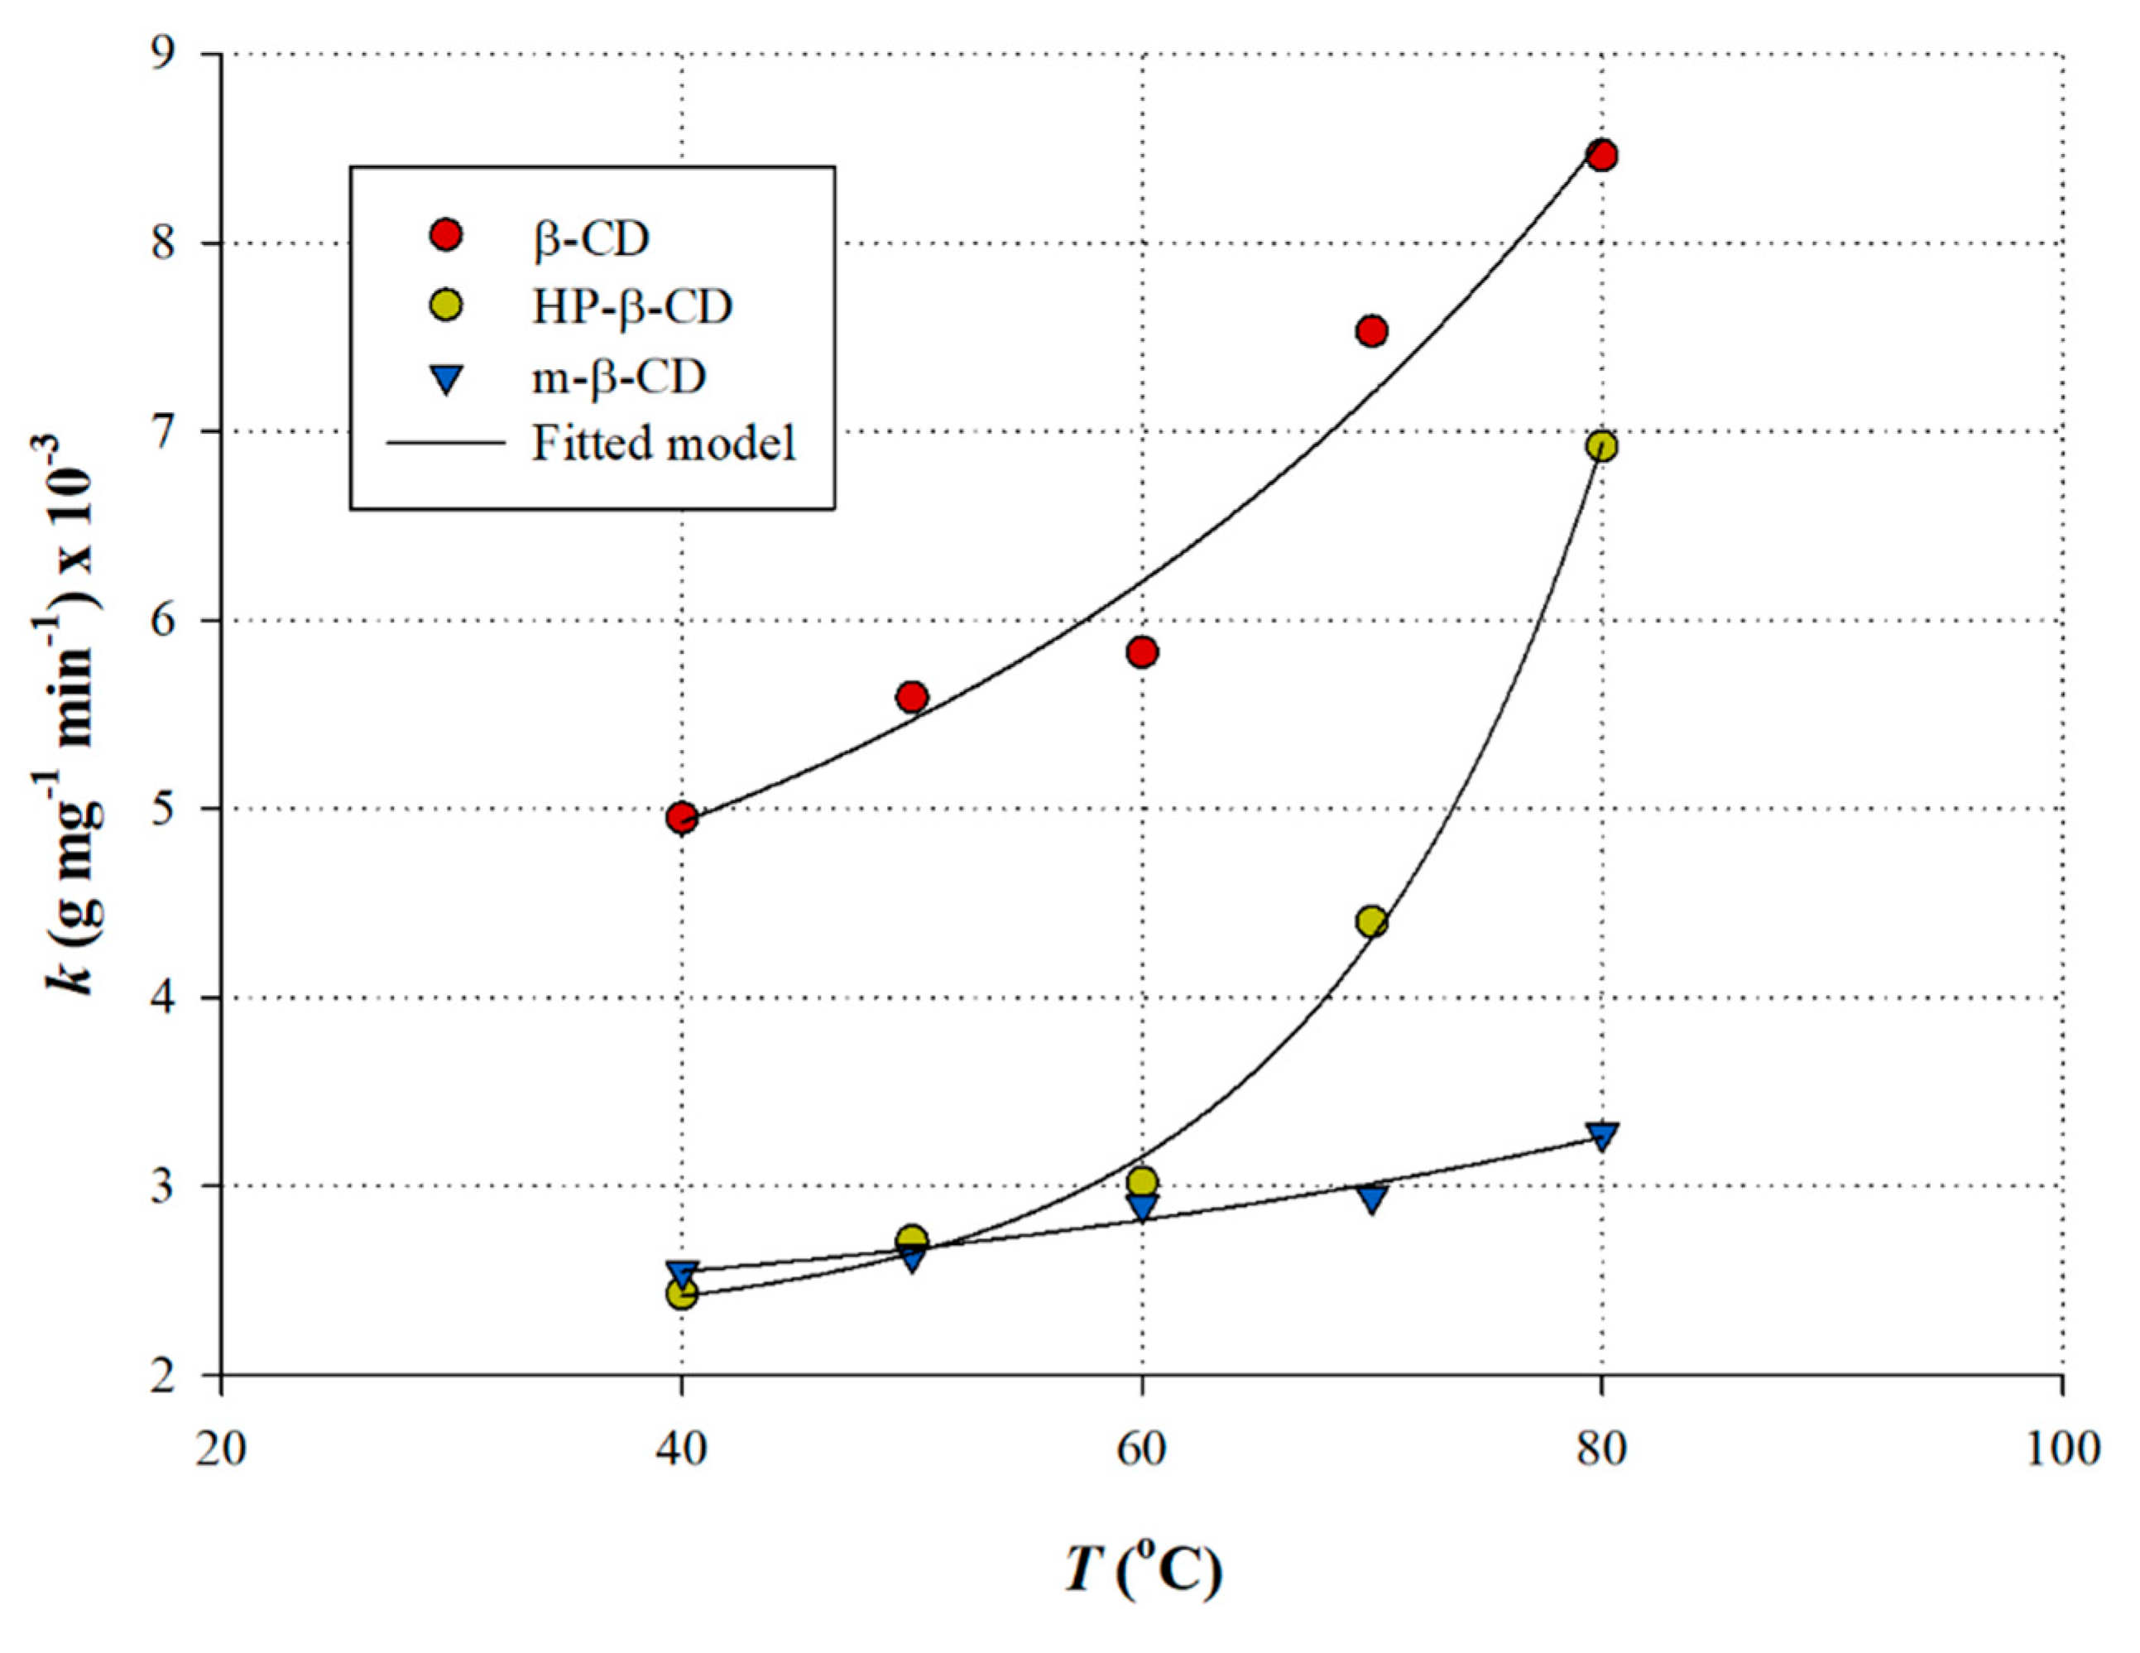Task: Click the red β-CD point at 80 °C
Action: click(x=1601, y=156)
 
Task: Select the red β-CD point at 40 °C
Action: click(x=682, y=817)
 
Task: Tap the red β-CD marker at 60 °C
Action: click(x=1141, y=651)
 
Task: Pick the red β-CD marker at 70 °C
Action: click(x=1372, y=331)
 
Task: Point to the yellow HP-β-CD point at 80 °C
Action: click(x=1601, y=447)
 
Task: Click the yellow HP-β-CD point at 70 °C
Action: click(x=1372, y=921)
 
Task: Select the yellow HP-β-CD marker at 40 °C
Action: click(x=682, y=1295)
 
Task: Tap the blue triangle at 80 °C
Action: click(x=1601, y=1135)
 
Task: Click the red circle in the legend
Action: click(x=447, y=236)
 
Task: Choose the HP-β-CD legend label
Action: click(x=632, y=308)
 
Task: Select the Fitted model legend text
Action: click(x=664, y=444)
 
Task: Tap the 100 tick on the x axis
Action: click(x=2061, y=1449)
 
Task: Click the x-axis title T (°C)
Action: click(x=1143, y=1569)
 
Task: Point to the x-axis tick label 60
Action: click(x=1141, y=1449)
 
